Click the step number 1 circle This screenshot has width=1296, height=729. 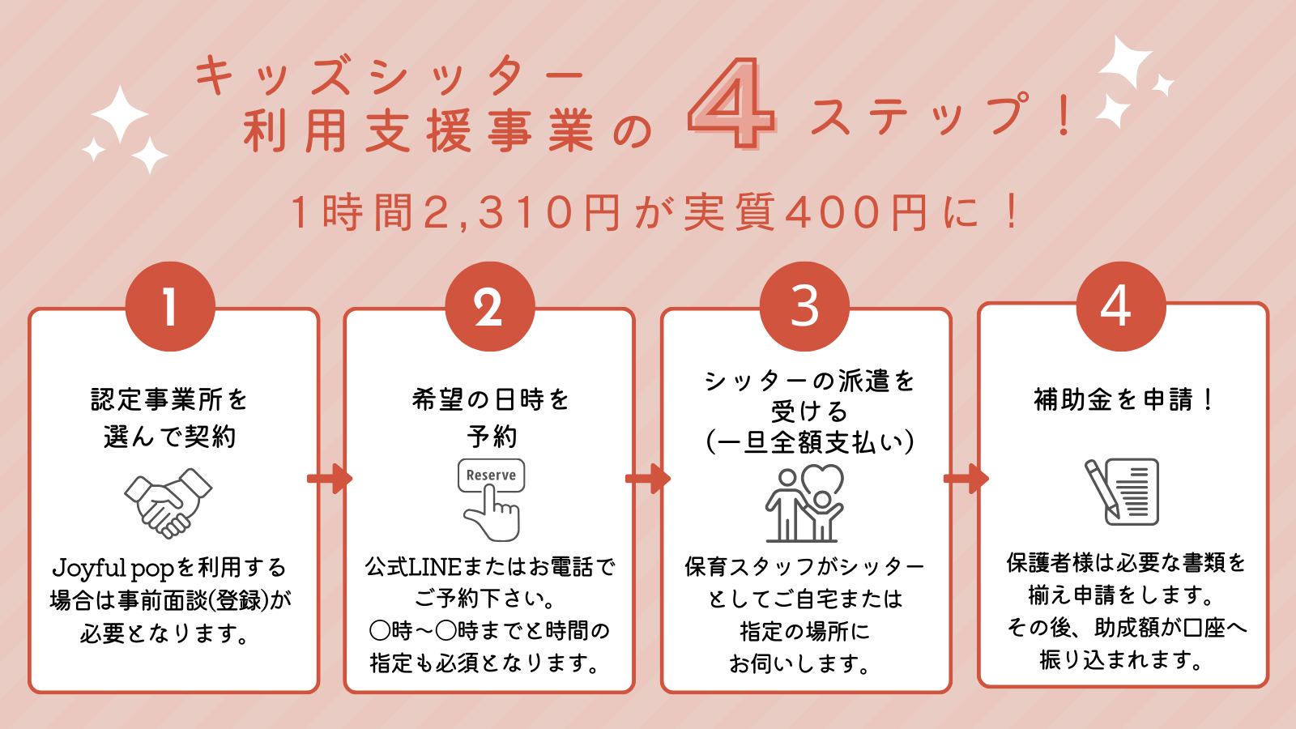click(x=170, y=306)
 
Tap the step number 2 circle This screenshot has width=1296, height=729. click(x=489, y=306)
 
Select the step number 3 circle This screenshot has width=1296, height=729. click(x=804, y=306)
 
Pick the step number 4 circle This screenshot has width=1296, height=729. click(x=1120, y=306)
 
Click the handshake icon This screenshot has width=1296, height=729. click(x=168, y=502)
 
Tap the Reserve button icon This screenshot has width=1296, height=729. click(x=491, y=475)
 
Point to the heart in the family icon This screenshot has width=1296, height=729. click(x=823, y=480)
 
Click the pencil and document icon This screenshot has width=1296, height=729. click(x=1122, y=492)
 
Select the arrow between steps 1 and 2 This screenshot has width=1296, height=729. click(x=330, y=479)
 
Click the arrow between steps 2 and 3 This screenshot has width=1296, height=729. click(x=648, y=479)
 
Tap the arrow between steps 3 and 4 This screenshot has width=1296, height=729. click(x=966, y=479)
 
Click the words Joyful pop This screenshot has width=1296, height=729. click(x=113, y=568)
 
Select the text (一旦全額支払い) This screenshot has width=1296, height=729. click(x=810, y=442)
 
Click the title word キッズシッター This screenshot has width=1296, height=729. click(x=389, y=77)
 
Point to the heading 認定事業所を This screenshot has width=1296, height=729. click(x=169, y=399)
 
